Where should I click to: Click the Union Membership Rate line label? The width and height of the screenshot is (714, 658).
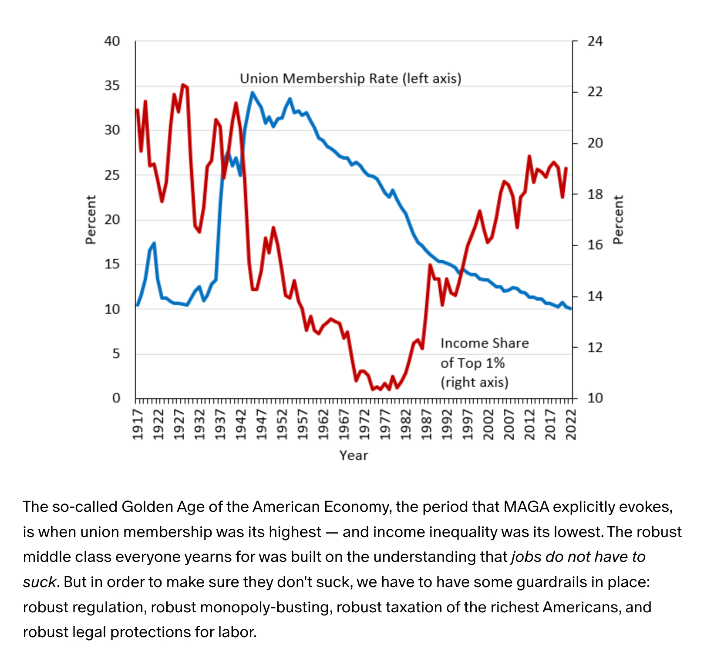(350, 79)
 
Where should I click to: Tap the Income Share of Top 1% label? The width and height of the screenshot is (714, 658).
(484, 363)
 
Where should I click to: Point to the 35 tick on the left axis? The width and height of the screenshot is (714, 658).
(112, 86)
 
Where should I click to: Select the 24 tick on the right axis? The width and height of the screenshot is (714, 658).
(595, 41)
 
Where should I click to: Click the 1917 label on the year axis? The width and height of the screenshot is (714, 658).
(138, 424)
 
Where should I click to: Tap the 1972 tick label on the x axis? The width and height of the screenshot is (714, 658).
(364, 424)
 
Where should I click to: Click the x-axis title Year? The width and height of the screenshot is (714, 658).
(354, 456)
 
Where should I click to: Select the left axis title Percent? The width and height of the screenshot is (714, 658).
(91, 220)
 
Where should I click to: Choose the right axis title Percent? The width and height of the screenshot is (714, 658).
(618, 220)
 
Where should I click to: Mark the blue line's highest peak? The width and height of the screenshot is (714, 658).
(253, 92)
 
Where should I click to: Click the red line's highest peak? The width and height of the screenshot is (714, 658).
(183, 84)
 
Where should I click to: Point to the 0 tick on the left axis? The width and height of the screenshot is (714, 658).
(116, 398)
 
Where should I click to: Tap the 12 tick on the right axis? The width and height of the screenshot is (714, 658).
(595, 348)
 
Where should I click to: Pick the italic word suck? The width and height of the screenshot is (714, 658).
(40, 582)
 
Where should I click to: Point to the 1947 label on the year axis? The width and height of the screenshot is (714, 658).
(261, 424)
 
